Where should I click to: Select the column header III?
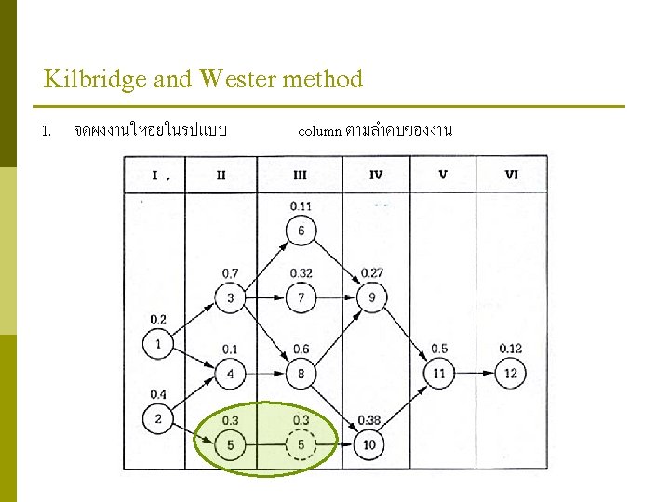(300, 174)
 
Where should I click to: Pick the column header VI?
(511, 174)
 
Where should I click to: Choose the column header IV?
(375, 174)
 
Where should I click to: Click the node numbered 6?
(301, 231)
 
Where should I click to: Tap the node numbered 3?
(230, 297)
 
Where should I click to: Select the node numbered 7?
(301, 297)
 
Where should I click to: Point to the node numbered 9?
(371, 297)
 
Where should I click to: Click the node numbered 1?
(158, 344)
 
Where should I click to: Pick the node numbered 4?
(230, 374)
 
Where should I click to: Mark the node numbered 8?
(301, 374)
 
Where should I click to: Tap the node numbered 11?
(439, 374)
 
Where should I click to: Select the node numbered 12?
(510, 374)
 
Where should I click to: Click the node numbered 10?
(369, 445)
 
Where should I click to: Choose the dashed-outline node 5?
(301, 445)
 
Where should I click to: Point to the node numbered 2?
(158, 419)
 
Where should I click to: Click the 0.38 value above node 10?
(369, 420)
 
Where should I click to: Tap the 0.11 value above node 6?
(301, 205)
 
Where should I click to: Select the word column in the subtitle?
(319, 131)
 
